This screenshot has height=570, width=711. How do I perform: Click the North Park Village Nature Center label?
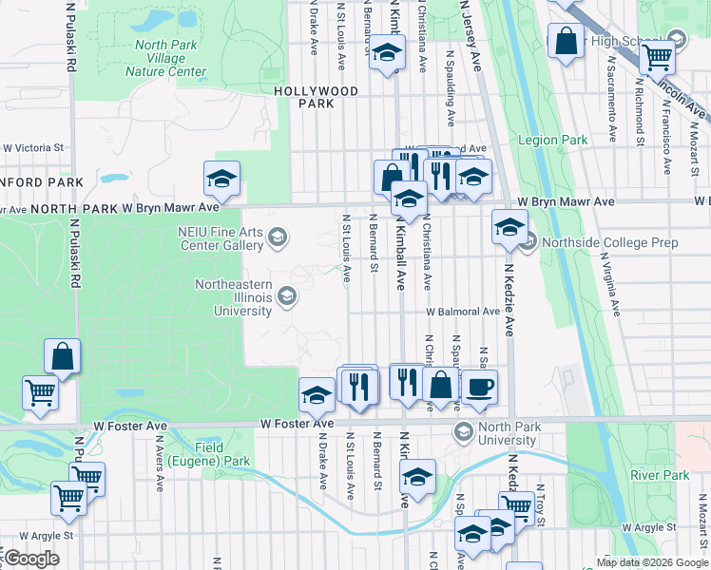tap(170, 58)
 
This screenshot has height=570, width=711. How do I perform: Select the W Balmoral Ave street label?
tap(462, 312)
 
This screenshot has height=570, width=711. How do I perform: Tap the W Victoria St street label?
tap(32, 148)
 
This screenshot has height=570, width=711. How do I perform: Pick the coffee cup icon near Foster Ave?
tap(478, 385)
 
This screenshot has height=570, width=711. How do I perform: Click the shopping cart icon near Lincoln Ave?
tap(657, 56)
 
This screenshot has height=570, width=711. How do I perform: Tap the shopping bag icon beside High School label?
tap(567, 42)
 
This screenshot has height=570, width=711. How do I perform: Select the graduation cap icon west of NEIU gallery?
tap(221, 178)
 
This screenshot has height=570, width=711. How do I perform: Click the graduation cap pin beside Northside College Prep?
tap(509, 226)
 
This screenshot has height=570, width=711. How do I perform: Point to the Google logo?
tap(31, 559)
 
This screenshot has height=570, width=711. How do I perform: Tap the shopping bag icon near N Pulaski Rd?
tap(63, 356)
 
